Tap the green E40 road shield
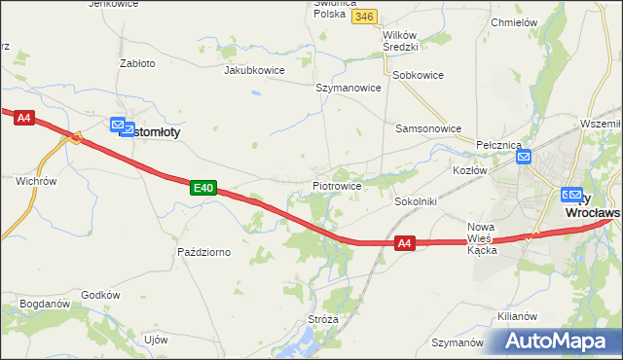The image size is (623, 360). (x=202, y=187)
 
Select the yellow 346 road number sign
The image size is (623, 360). (x=365, y=17)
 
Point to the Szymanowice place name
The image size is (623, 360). (x=348, y=87)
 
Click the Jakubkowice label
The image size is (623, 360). (x=254, y=70)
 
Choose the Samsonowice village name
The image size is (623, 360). (x=427, y=127)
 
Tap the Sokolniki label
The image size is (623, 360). (x=416, y=200)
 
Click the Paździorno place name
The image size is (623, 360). (x=203, y=252)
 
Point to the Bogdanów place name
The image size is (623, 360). (x=44, y=304)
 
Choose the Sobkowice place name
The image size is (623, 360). (x=418, y=75)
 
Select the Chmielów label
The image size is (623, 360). (x=515, y=21)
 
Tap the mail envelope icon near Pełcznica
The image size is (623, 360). (x=524, y=156)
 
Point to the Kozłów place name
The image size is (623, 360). (x=469, y=170)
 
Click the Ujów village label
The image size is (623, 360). (x=156, y=340)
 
